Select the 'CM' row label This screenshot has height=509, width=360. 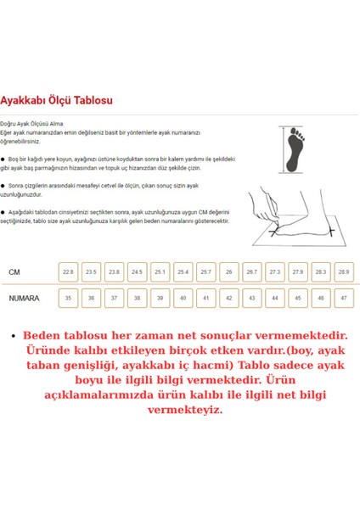[x=14, y=272]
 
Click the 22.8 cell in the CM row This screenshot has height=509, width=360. [x=68, y=272]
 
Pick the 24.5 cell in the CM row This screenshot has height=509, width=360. [x=137, y=272]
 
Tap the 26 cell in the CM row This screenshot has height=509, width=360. [x=228, y=272]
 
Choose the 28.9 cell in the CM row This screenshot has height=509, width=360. [x=342, y=272]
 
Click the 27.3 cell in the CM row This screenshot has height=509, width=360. [x=273, y=272]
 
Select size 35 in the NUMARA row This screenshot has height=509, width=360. [x=68, y=299]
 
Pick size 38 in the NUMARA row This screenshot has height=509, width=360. [x=137, y=299]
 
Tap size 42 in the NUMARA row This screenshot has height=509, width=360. [x=228, y=299]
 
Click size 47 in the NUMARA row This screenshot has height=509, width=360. [x=342, y=299]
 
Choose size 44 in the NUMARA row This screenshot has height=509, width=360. [x=273, y=299]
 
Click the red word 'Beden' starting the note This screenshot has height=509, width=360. [x=43, y=335]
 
